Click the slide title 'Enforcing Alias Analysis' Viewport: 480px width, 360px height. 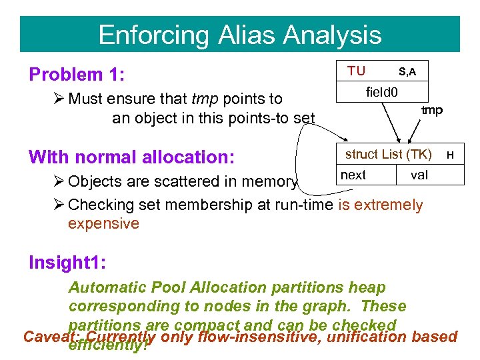239,35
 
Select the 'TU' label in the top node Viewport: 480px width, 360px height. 356,71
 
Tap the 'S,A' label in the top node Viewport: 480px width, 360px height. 407,71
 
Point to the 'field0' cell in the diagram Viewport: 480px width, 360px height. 382,89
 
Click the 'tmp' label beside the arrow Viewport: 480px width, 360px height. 432,110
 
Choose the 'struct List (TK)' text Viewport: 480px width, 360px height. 388,155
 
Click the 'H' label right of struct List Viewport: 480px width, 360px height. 451,155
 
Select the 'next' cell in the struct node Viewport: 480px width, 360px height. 353,175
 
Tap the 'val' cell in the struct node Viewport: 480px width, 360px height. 419,175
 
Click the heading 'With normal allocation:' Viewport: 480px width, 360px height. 131,157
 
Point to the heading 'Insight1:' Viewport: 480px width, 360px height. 66,262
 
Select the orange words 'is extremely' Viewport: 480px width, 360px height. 380,205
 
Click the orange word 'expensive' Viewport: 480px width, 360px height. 103,223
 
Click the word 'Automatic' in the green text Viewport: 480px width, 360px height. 107,287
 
